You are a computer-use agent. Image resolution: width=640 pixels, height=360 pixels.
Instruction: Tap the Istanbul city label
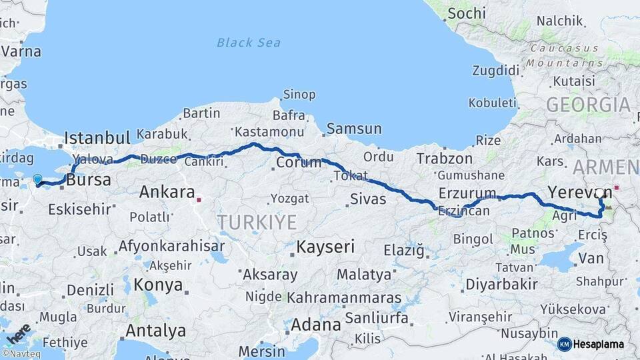coord(97,139)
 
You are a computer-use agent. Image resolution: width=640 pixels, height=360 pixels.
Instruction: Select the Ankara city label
coord(167,193)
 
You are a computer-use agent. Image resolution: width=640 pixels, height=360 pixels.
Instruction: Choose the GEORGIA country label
coord(588,105)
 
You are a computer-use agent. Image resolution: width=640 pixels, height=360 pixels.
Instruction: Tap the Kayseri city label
coord(326,247)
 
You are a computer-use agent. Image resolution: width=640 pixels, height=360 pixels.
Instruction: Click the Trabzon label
coord(445,159)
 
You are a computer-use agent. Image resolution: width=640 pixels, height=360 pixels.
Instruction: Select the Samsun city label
coord(353,129)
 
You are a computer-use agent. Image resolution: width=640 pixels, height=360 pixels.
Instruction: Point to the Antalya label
coord(156,331)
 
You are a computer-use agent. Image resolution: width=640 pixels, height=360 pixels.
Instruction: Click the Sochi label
coord(467,13)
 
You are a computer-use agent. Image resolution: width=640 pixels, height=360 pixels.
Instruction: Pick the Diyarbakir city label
coord(501,284)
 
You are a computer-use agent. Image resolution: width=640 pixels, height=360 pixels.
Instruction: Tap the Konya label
coord(158,285)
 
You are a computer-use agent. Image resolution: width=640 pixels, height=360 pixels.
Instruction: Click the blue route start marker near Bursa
coord(37,179)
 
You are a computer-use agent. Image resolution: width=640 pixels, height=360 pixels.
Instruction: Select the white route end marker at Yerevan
coord(599,193)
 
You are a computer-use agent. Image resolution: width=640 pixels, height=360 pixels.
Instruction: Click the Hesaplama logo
coord(592,344)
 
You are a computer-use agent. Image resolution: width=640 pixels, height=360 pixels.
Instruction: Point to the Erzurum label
coord(467,194)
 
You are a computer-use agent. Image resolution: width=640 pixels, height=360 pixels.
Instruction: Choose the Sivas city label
coord(368,198)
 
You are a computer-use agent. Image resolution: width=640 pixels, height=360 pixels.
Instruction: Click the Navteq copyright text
coord(21,354)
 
